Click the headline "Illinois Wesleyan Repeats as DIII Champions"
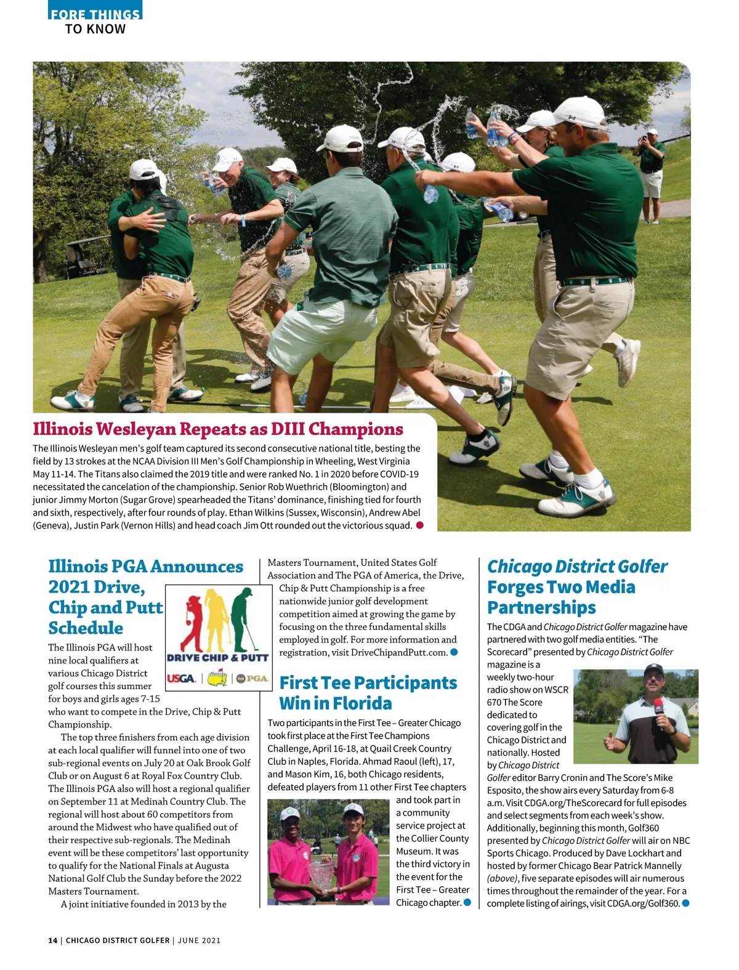tap(218, 429)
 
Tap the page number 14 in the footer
tap(52, 940)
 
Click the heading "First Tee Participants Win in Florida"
tap(368, 693)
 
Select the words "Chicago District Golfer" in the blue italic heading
tap(577, 567)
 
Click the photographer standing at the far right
tap(650, 172)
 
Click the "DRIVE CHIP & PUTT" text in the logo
tap(218, 658)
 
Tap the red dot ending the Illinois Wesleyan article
tap(420, 525)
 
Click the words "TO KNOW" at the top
tap(95, 29)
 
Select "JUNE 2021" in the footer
tap(199, 940)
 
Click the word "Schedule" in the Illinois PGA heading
tap(86, 628)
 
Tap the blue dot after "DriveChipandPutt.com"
tap(454, 652)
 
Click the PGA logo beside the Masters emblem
tap(252, 679)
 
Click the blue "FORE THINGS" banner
tap(95, 13)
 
